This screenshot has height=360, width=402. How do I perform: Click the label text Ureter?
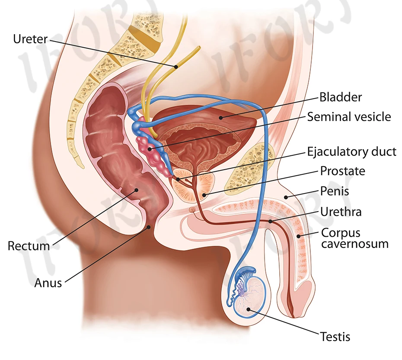click(30, 39)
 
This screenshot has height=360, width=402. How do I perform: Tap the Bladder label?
click(341, 96)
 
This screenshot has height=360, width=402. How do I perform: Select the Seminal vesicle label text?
click(349, 116)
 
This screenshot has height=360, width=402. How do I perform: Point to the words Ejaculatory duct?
click(351, 151)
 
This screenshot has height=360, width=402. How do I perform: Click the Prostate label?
click(342, 171)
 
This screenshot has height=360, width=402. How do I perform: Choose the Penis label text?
click(334, 190)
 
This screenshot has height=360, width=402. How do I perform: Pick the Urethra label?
click(341, 212)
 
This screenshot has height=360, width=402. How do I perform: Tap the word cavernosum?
click(354, 244)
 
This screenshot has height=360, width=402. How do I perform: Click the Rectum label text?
click(29, 246)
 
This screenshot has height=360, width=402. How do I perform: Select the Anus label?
click(48, 283)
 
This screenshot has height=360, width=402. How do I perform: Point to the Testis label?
click(335, 336)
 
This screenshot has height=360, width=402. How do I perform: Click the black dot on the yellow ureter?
click(176, 67)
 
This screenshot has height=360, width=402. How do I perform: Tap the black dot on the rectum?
click(137, 189)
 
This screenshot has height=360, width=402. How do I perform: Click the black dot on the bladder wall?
click(220, 116)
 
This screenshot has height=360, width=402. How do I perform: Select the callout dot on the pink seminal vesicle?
click(151, 149)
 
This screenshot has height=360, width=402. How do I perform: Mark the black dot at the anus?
click(149, 226)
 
